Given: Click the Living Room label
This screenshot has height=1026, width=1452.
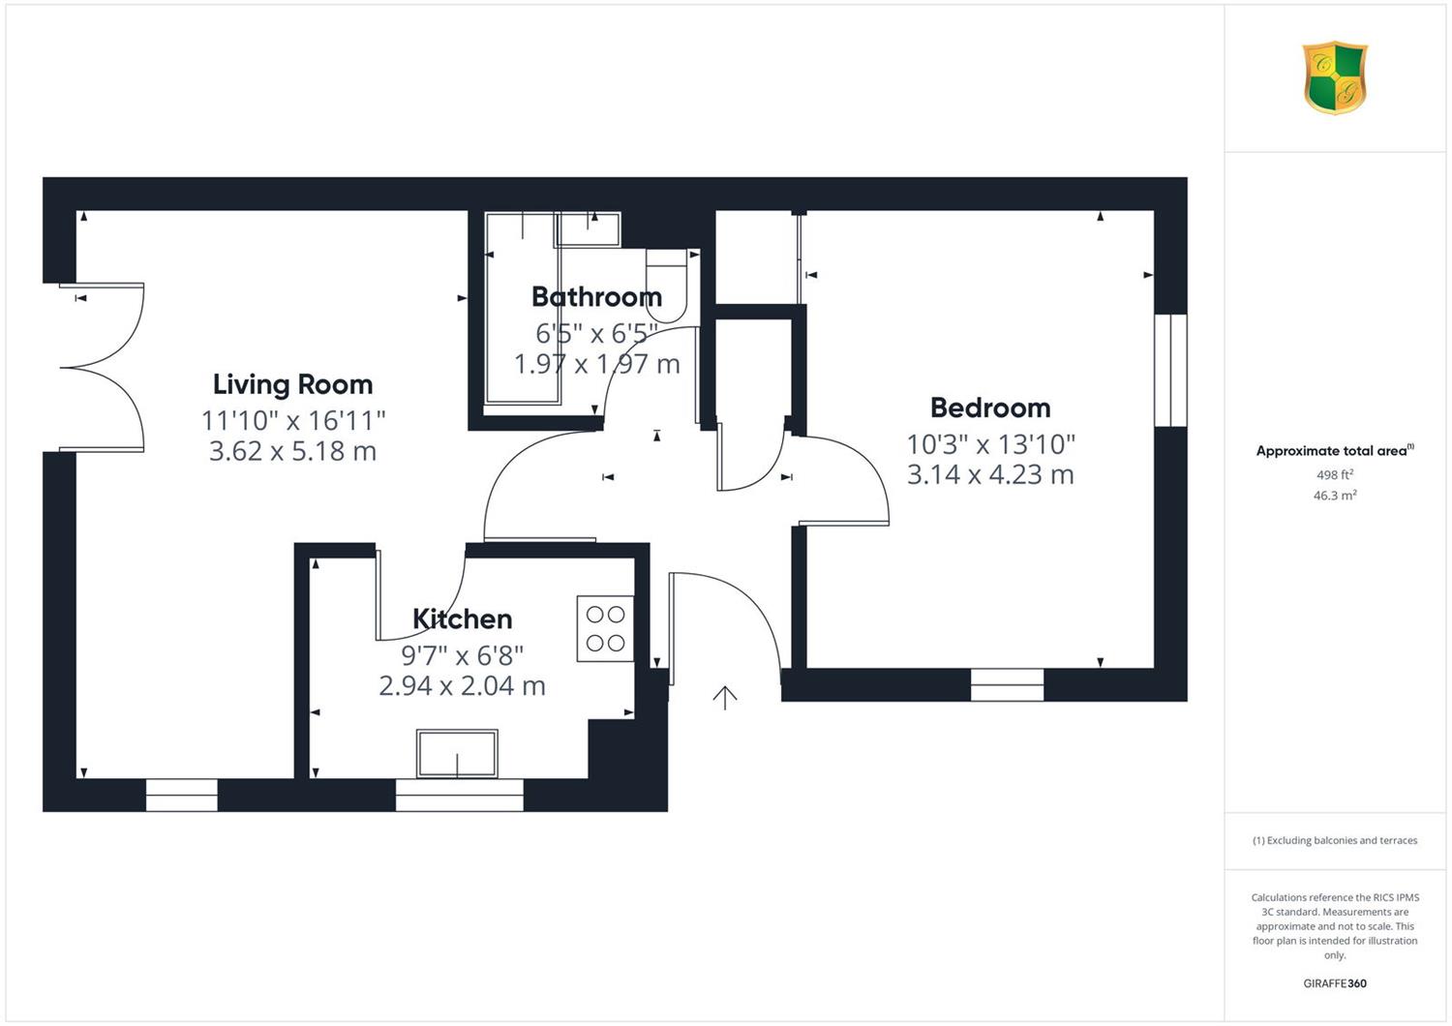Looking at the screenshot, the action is pos(293,385).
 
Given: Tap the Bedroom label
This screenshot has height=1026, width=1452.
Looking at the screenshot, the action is pos(990,407).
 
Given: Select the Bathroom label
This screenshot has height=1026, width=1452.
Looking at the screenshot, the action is pos(597,297).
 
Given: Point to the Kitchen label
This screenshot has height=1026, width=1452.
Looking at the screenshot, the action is pos(462,619).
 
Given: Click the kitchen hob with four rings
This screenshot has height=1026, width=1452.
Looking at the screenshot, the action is pos(605,629).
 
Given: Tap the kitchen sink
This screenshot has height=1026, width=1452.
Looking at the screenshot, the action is pos(457,753).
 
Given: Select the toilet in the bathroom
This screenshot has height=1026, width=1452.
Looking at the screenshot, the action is pos(666,286).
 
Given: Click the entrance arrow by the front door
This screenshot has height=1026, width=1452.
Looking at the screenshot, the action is pos(725,698).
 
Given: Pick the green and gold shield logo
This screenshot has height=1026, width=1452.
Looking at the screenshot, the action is pos(1335,77).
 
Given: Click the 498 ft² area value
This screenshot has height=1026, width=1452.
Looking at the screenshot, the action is pos(1335,474).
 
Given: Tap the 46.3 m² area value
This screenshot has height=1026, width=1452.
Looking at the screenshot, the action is pos(1335,496).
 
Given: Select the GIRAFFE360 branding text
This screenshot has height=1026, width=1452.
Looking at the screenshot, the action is pos(1335,983).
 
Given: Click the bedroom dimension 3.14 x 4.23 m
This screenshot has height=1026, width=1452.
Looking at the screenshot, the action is pos(990,474).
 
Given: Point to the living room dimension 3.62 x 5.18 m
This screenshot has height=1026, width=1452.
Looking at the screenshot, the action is pos(293,451).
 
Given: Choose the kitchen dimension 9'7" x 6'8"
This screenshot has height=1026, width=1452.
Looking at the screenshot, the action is pos(462,655).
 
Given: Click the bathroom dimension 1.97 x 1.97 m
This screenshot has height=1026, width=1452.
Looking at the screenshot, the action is pos(597,364).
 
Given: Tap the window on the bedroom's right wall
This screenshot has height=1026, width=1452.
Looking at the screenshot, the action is pos(1170,370).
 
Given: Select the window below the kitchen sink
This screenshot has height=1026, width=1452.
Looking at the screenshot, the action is pos(460,795).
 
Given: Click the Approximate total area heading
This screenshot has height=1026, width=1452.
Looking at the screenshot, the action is pos(1335,450).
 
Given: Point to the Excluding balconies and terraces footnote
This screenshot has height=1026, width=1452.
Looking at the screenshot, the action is pos(1335,840).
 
